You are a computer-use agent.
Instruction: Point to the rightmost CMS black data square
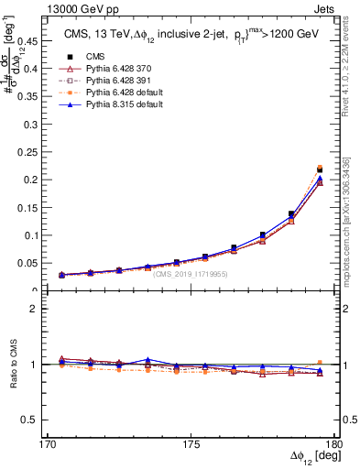320,170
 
